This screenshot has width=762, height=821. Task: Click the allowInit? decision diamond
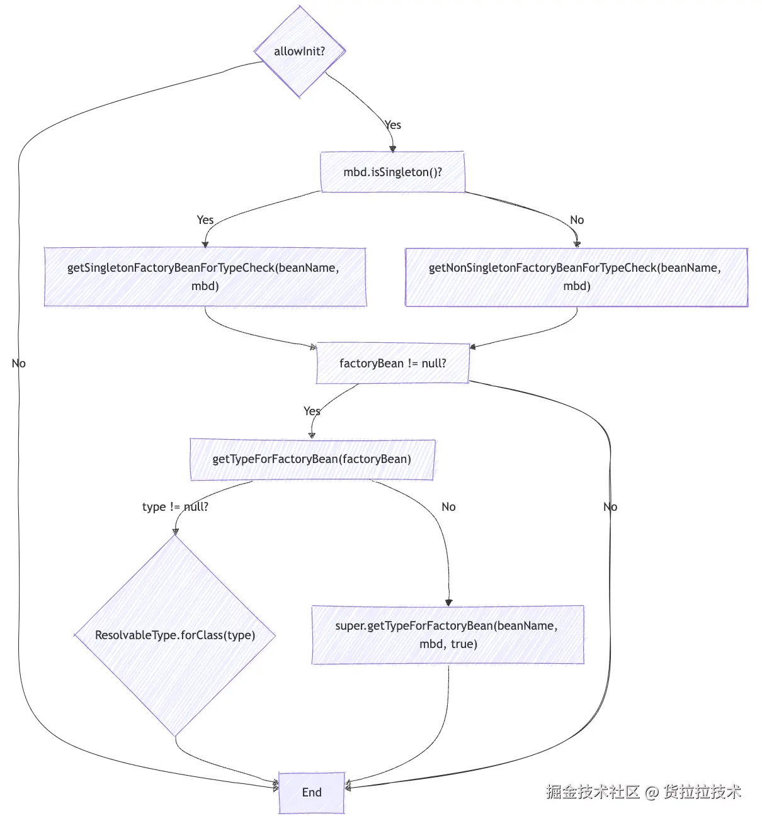click(300, 51)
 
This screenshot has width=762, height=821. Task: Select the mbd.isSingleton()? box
click(393, 172)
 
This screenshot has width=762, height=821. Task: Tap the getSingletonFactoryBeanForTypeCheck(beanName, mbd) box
click(205, 277)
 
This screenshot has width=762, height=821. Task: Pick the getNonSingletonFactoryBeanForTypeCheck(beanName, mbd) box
click(577, 277)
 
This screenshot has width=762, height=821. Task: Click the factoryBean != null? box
click(393, 364)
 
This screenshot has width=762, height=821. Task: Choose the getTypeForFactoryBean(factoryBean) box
click(312, 459)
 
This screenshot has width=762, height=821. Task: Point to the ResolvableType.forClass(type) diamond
click(175, 635)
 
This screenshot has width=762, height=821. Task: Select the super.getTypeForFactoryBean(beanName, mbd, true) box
click(448, 635)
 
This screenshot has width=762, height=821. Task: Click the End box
click(312, 793)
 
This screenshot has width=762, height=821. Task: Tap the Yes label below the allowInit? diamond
click(393, 125)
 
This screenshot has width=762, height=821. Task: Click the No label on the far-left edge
click(19, 364)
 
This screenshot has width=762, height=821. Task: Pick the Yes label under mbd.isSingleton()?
click(205, 220)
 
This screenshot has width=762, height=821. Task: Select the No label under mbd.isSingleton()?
click(577, 220)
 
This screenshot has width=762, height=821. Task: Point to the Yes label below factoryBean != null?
click(312, 411)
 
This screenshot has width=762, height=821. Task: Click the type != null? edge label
click(175, 507)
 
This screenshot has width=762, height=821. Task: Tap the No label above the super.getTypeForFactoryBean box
click(448, 507)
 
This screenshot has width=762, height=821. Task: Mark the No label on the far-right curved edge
click(610, 507)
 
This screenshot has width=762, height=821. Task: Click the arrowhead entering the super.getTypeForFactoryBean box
click(448, 602)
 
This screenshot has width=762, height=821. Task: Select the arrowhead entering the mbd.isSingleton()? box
click(393, 149)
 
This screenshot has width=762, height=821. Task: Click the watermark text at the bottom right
click(644, 792)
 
